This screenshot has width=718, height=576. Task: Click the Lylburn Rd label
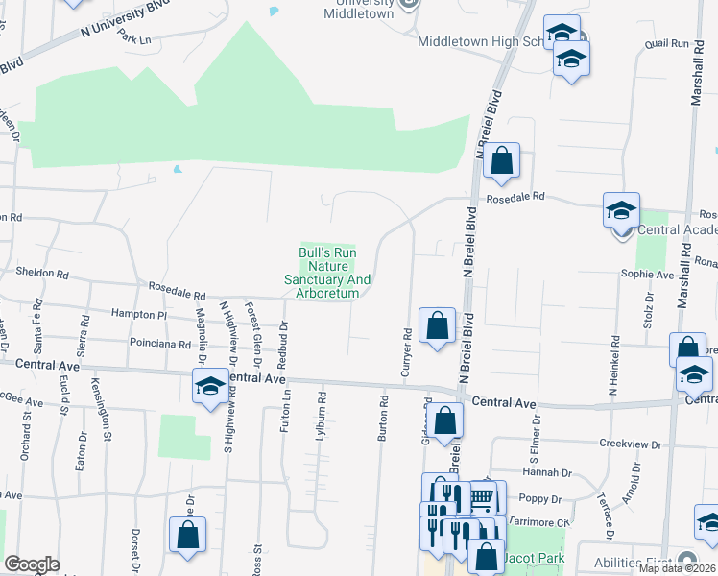[x=322, y=415]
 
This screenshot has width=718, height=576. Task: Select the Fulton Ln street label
[x=285, y=408]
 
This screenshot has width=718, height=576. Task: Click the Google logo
[x=32, y=564]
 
